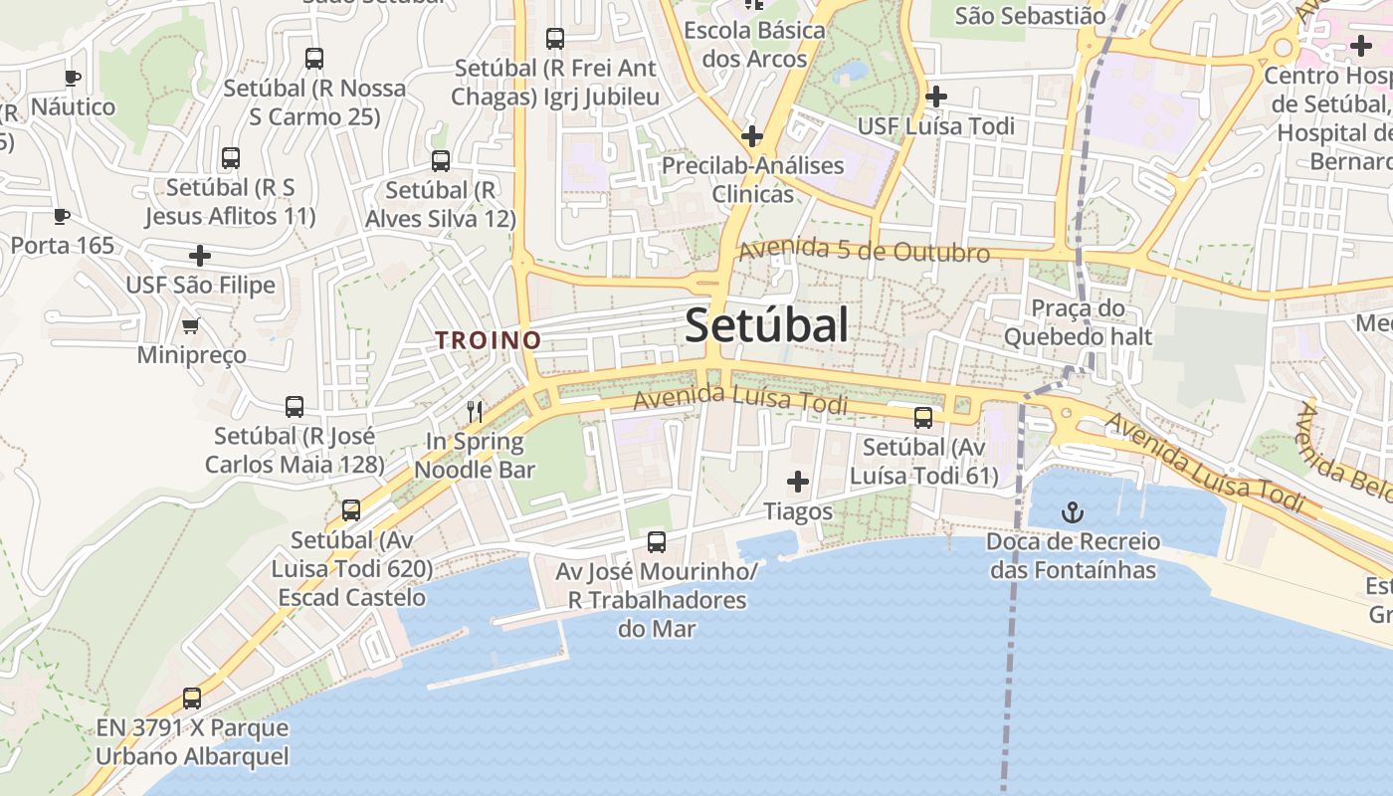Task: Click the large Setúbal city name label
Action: pos(766,325)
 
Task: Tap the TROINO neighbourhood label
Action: pos(488,340)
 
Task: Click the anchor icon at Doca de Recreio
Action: pos(1073,513)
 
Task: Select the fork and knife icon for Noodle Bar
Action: pos(475,411)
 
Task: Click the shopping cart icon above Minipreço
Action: pos(191,325)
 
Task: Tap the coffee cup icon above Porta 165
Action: pos(62,216)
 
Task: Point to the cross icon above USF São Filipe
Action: pos(200,256)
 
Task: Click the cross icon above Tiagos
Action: pos(798,483)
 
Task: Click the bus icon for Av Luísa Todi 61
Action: pos(923,417)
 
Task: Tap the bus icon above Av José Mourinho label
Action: pos(657,542)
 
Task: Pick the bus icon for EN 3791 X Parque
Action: pos(192,698)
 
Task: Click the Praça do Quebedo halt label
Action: pos(1077,322)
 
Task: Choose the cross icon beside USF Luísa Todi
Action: pos(935,97)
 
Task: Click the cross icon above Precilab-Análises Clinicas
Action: pos(752,135)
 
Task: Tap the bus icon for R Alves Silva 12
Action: pos(441,160)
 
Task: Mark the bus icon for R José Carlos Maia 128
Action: pos(295,406)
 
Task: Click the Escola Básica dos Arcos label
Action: pos(754,45)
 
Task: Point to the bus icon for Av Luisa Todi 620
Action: pos(351,510)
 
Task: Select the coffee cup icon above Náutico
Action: pos(73,78)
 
